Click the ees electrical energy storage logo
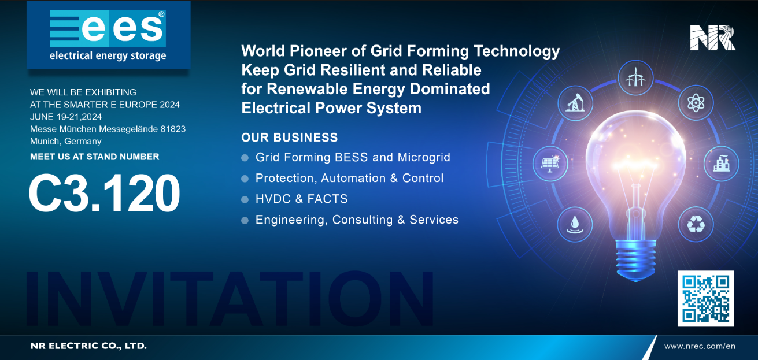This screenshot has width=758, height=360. [108, 35]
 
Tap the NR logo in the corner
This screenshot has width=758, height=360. [712, 38]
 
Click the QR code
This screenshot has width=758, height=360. [705, 298]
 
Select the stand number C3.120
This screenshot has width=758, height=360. [104, 193]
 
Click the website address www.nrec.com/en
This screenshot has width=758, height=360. [700, 346]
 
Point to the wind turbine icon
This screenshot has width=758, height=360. [635, 77]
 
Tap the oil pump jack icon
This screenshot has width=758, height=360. [575, 103]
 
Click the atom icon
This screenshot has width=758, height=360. [696, 102]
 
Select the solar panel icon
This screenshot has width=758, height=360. [550, 164]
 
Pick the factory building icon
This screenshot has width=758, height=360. [721, 164]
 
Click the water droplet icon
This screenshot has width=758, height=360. [575, 224]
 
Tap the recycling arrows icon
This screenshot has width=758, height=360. [696, 224]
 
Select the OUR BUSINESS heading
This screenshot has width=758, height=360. [290, 138]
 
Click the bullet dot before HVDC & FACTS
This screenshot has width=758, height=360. [245, 199]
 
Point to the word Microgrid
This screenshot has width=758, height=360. [424, 158]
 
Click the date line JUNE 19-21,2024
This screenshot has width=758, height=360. [66, 117]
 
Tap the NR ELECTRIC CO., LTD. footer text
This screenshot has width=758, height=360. [88, 346]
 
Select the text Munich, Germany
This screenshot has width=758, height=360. [66, 142]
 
